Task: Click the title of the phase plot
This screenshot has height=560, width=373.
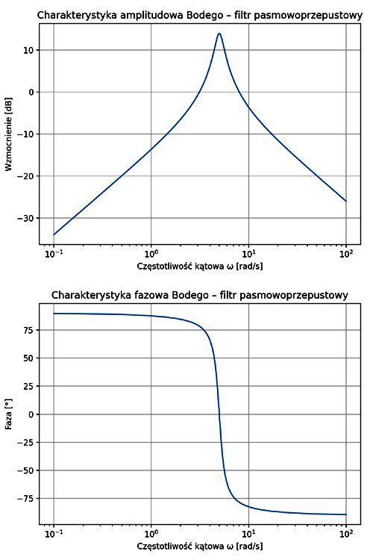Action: point(200,296)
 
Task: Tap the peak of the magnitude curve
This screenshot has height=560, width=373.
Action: point(219,34)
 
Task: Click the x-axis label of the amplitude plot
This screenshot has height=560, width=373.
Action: point(200,267)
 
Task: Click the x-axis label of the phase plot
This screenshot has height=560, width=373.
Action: point(200,547)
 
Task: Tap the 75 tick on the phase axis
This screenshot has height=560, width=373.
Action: point(29,330)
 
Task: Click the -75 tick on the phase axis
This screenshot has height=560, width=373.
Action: point(26,498)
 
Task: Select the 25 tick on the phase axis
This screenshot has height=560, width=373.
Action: point(29,386)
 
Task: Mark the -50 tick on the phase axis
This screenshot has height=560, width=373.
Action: point(26,470)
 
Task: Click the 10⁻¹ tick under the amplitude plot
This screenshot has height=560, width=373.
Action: point(54,254)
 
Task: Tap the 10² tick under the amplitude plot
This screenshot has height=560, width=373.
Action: point(346,254)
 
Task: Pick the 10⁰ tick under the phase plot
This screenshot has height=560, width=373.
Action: point(151,535)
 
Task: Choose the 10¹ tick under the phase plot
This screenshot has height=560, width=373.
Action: point(249,535)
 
